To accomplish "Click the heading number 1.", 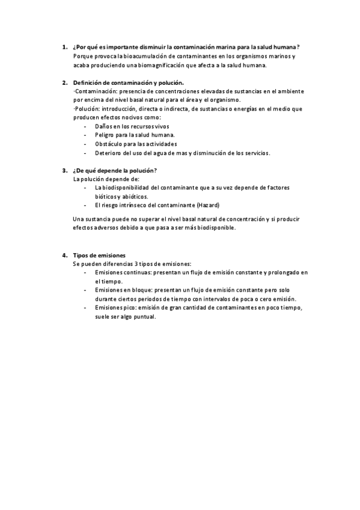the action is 64,47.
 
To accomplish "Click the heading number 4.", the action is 64,256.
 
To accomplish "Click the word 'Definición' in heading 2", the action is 88,82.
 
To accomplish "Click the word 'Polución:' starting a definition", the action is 87,109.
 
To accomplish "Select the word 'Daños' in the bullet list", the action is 104,126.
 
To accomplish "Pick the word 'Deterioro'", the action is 109,153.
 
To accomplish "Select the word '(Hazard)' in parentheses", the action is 207,205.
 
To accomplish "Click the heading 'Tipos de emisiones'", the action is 99,256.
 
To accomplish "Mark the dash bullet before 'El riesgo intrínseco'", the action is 86,205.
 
